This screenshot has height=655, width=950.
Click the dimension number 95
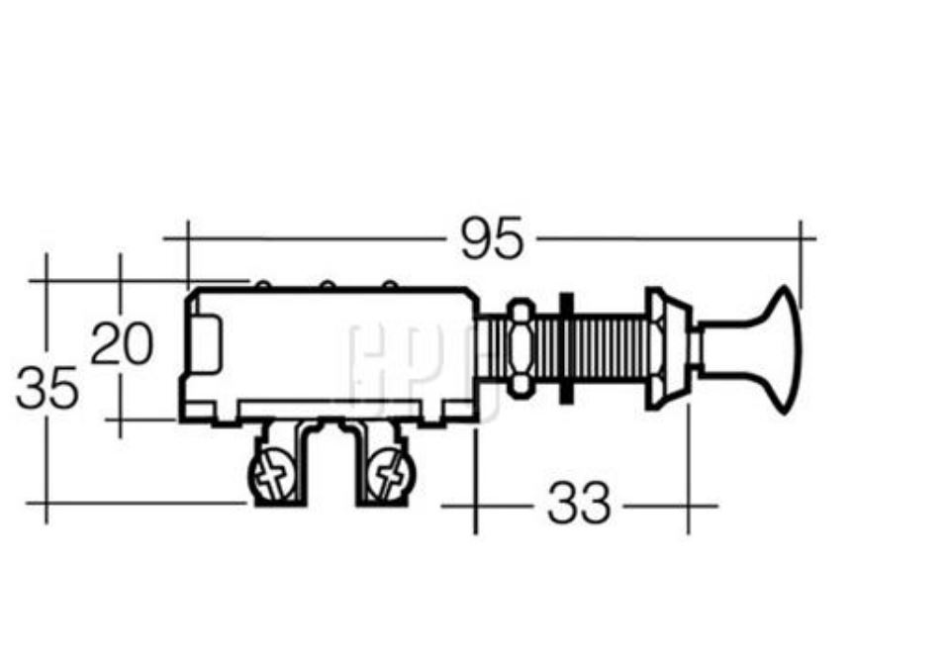[492, 239]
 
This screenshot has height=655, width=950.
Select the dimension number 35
[47, 389]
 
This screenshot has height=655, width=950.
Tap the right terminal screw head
[386, 476]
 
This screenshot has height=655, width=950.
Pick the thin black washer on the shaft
[564, 348]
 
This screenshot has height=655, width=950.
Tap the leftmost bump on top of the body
[262, 286]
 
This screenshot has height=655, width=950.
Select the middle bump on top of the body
[327, 286]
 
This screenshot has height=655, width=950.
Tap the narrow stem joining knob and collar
[697, 348]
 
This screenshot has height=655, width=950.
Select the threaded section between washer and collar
[609, 348]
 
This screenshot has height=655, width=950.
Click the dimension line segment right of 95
[673, 238]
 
